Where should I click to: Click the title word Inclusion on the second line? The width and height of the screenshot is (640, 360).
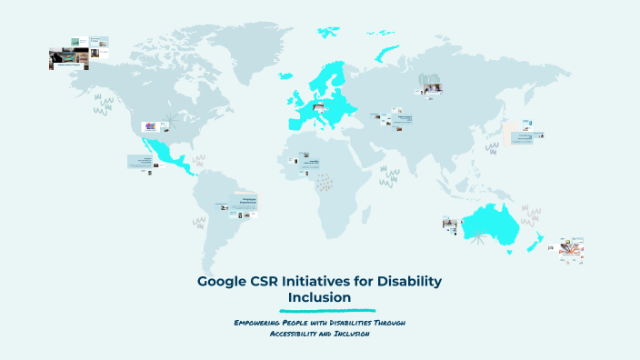[319, 297]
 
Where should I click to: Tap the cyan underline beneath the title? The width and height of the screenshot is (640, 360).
[319, 310]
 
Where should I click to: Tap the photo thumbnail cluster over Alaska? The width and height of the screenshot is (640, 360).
[78, 53]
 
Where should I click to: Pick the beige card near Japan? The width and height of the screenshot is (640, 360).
[512, 132]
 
